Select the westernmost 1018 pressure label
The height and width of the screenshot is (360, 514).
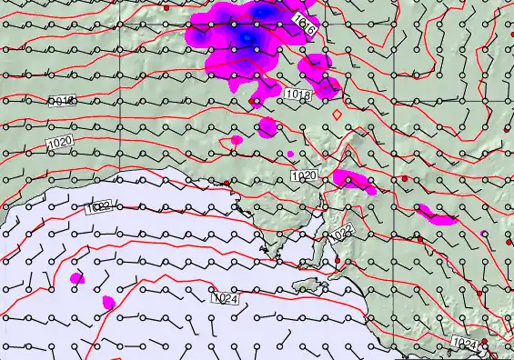point(63,100)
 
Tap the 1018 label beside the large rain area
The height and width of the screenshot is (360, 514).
point(297,94)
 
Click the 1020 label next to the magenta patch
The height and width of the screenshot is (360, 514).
point(305,175)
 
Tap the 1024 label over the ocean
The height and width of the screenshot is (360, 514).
point(224,297)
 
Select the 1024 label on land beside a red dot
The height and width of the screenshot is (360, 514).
point(465,343)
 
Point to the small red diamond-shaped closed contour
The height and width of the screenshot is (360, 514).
point(338,115)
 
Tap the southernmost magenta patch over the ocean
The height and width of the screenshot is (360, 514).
point(108,302)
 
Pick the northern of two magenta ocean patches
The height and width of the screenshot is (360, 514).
point(76,278)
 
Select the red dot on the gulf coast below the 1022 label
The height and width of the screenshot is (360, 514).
point(337,261)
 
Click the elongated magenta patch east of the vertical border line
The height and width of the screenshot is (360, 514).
point(434,215)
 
